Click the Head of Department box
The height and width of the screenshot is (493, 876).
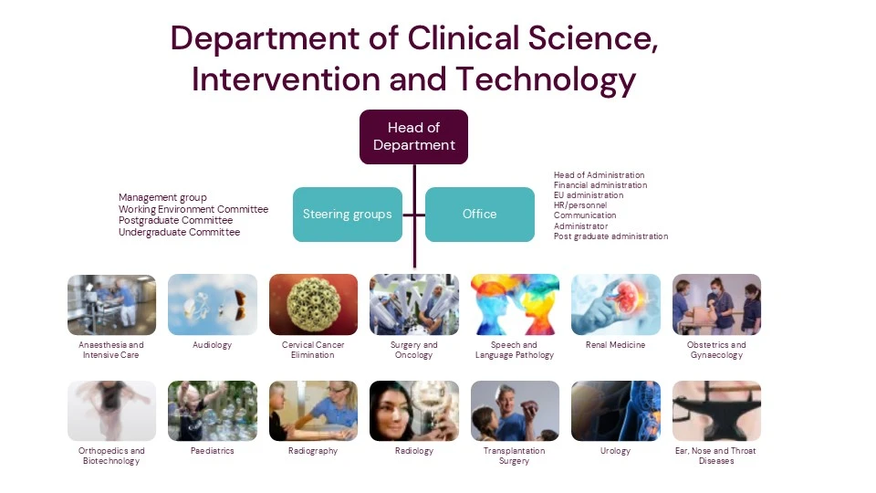coord(413,136)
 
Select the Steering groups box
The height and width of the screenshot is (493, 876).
coord(348,214)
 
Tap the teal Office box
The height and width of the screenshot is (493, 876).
coord(479,214)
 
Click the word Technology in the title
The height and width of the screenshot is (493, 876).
coord(546,79)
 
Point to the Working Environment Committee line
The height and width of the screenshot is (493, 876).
coord(193,209)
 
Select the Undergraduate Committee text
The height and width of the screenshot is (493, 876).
coord(180,232)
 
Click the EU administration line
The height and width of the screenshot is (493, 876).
coord(589,195)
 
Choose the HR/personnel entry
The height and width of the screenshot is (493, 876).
coord(580,205)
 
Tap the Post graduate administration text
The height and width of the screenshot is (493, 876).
coord(610,236)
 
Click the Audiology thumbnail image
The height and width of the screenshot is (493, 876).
coord(213,305)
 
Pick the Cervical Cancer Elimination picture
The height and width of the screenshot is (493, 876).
coord(313,305)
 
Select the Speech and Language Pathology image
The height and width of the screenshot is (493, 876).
coord(515,305)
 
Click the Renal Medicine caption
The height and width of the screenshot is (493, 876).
coord(615,345)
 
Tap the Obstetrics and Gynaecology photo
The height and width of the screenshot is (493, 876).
coord(717,305)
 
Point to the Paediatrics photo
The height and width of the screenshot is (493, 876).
coord(213,411)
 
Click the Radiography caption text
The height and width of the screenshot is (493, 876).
coord(313,450)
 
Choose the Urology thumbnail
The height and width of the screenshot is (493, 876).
coord(616,411)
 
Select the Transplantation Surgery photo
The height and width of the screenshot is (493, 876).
coord(515,411)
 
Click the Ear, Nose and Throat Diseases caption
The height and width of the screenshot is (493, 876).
coord(715,456)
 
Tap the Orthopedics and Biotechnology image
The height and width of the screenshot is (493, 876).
coord(111,411)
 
